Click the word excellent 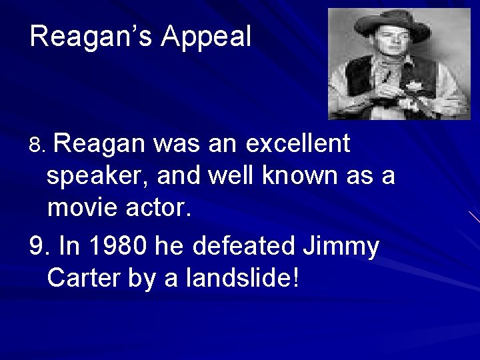coord(297,143)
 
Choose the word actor coord(163,209)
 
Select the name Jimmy coord(341,247)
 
